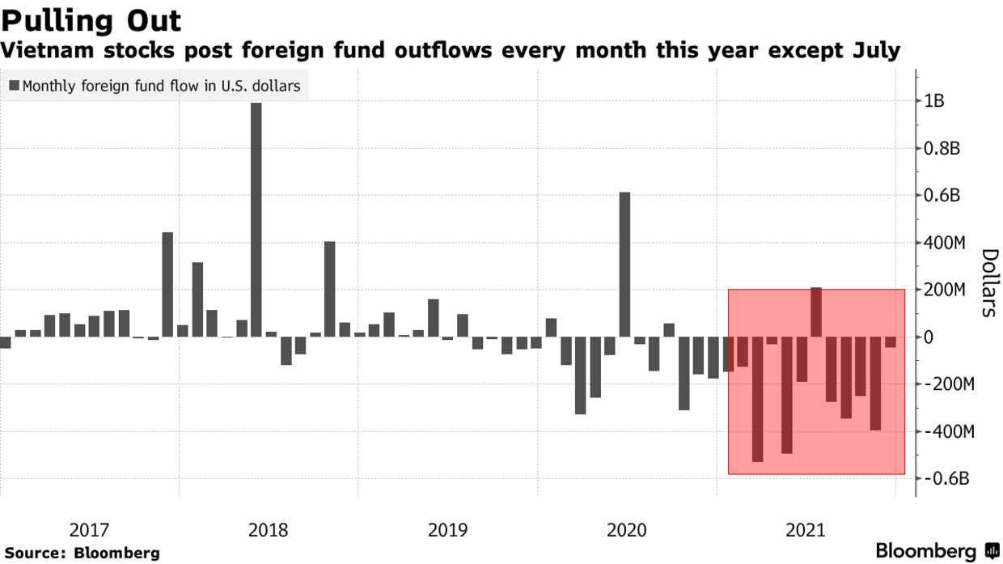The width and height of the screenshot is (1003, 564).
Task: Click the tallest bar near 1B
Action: [256, 218]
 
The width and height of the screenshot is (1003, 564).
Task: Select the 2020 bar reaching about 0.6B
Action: [624, 264]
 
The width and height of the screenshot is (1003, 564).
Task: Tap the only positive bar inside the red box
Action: [816, 312]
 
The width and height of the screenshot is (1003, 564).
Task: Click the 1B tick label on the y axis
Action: [934, 101]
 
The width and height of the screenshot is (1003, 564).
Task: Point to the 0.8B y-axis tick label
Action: [942, 148]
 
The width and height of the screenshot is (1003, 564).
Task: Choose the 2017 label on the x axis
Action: [89, 531]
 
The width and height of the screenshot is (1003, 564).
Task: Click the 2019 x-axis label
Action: [447, 531]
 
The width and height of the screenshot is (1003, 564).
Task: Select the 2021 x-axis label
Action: [805, 531]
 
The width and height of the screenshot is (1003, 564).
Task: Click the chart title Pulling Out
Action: [91, 20]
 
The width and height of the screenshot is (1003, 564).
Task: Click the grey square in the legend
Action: [15, 86]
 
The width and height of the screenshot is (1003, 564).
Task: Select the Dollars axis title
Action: [988, 282]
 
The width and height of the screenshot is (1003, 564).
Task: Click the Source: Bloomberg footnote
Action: [80, 553]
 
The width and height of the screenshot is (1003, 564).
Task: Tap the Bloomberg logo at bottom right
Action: [939, 552]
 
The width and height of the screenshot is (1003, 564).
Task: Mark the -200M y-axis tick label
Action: [946, 384]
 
